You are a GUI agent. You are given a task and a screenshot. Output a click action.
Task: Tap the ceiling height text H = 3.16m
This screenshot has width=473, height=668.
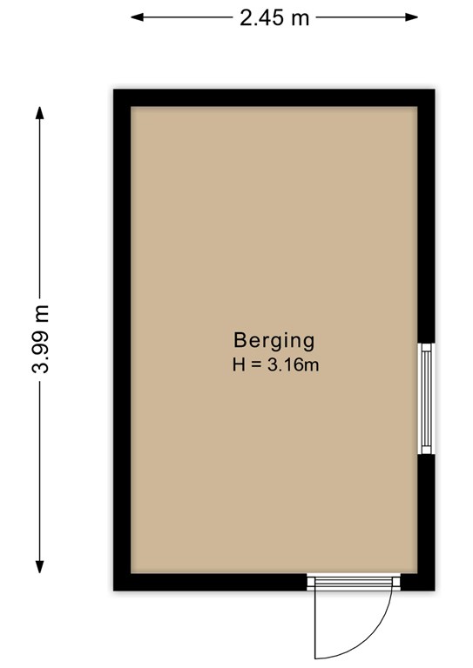tap(275, 365)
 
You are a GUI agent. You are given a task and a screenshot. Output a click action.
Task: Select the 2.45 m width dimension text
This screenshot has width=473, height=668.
tap(274, 18)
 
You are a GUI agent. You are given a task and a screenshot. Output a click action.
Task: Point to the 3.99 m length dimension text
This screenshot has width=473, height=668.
tap(41, 339)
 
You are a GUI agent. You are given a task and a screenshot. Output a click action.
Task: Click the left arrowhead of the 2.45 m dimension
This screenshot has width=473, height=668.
tap(136, 17)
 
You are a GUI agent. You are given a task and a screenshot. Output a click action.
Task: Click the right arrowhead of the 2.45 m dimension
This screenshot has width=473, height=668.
tap(412, 17)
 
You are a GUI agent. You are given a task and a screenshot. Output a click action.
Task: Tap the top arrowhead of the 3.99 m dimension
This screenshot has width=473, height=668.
tap(40, 112)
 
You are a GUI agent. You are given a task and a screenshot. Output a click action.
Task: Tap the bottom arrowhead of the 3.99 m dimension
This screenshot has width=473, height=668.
tap(40, 567)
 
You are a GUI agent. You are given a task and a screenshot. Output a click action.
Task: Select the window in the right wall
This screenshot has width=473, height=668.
tap(426, 398)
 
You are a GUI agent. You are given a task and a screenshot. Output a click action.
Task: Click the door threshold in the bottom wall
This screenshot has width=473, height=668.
tap(354, 582)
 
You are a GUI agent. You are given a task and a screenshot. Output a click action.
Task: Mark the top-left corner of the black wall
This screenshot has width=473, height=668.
tap(113, 90)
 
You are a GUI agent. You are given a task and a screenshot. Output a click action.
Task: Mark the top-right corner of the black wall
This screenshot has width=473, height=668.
tap(435, 90)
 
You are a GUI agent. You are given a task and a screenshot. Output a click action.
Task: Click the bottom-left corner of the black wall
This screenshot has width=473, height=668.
tap(113, 591)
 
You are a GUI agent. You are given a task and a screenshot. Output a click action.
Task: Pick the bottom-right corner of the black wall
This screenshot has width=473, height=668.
tap(435, 591)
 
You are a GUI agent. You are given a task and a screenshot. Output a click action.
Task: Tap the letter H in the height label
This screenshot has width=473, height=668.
tap(239, 365)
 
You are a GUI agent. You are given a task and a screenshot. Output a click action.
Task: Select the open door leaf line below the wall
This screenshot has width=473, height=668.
tap(315, 625)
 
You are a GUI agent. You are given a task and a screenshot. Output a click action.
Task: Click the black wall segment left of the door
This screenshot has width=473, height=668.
tap(210, 582)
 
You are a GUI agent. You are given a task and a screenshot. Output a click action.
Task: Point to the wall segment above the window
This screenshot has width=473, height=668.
tap(426, 217)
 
